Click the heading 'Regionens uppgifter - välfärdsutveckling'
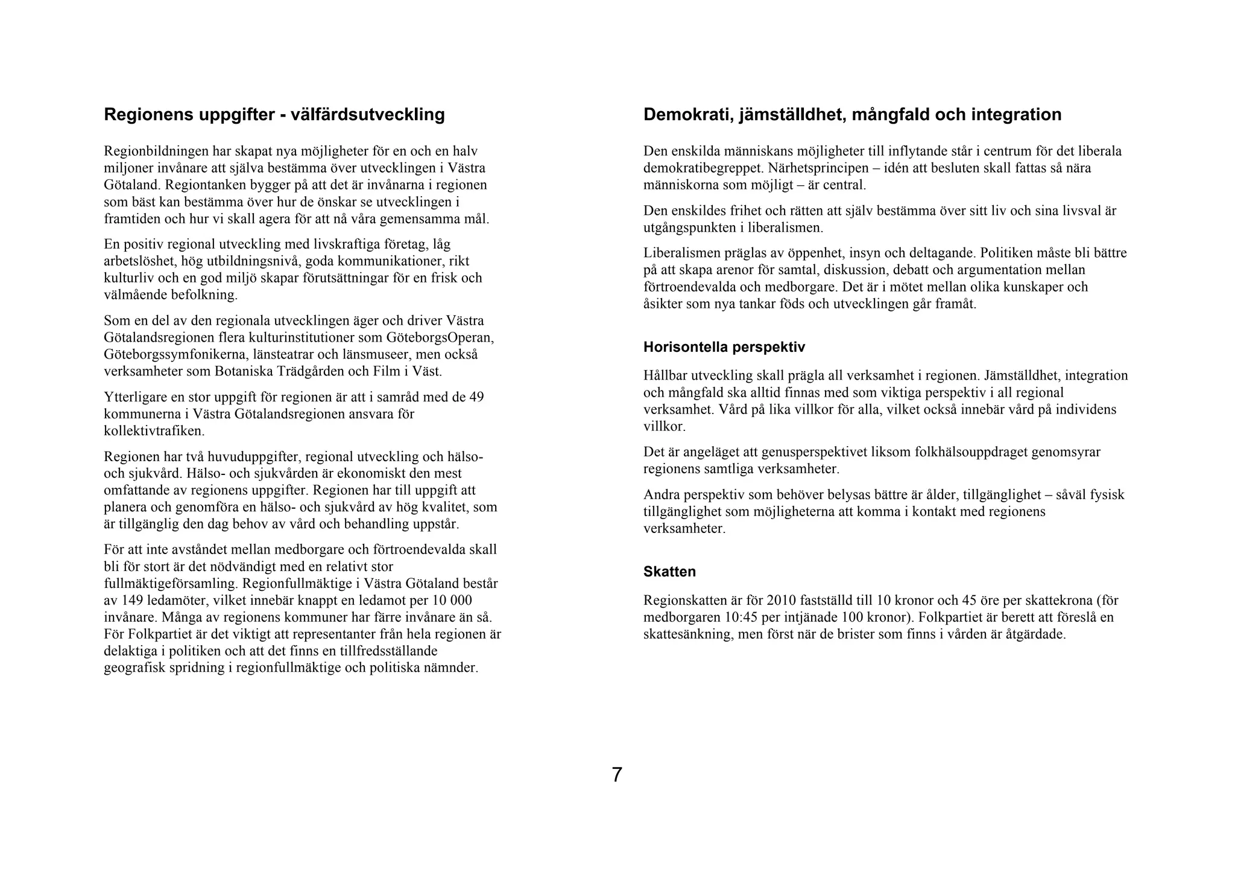tap(274, 114)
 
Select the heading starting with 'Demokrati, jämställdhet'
tap(852, 114)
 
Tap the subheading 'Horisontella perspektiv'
tap(724, 347)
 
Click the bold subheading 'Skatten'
tap(669, 571)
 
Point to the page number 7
tap(616, 774)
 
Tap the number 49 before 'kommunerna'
tap(476, 397)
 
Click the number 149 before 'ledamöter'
tap(131, 601)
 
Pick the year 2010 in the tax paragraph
tap(782, 601)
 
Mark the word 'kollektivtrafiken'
tap(154, 431)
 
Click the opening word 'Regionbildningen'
tap(154, 151)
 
